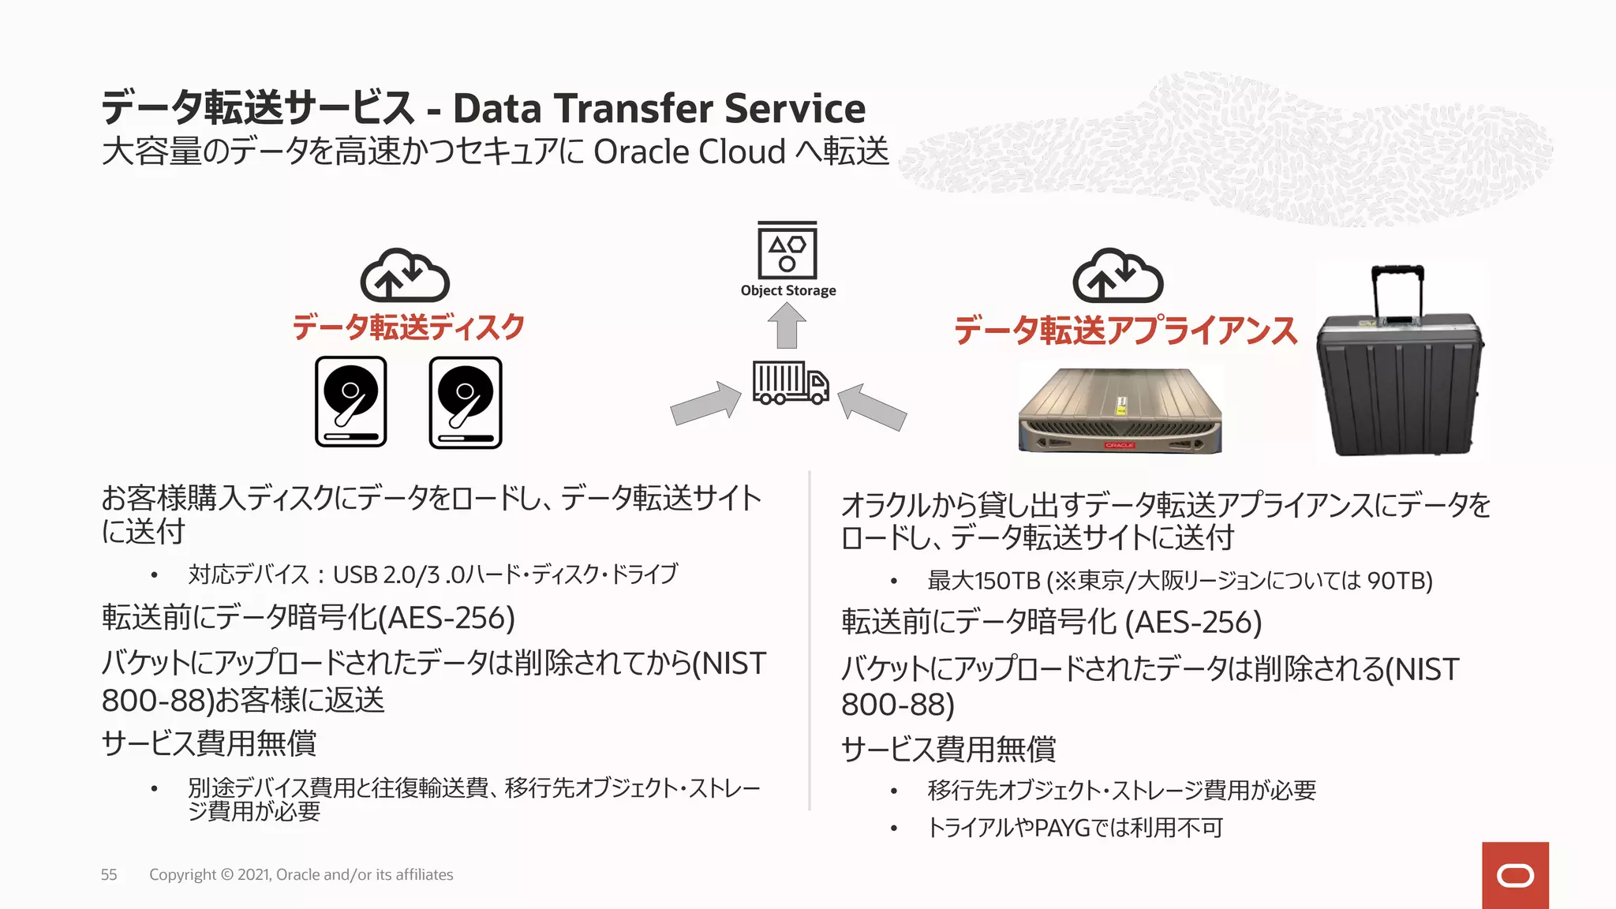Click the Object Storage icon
[787, 250]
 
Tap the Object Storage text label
[787, 290]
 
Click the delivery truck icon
[790, 383]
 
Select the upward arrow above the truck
[787, 326]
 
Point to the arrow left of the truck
[705, 402]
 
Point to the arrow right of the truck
[872, 406]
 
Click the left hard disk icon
[351, 402]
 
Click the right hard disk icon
[466, 402]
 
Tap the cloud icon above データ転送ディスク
[405, 275]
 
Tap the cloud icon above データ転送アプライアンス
[1117, 275]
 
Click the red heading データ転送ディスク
[408, 327]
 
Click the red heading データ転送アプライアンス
[1125, 330]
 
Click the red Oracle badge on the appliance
[1119, 446]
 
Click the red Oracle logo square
[1515, 875]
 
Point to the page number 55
[109, 874]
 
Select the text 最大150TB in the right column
[984, 581]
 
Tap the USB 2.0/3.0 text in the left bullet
[398, 574]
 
